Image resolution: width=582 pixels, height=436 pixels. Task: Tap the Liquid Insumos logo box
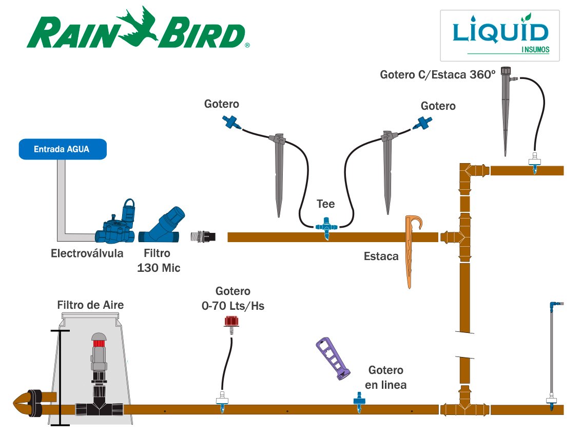499,35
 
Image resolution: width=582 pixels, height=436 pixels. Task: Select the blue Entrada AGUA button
63,149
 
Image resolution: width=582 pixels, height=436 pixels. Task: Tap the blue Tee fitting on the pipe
325,226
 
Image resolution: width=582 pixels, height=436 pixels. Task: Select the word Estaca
381,256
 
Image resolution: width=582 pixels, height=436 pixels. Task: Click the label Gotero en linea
386,377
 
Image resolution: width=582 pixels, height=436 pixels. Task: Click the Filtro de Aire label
90,305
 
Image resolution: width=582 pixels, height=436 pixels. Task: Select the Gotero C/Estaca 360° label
438,74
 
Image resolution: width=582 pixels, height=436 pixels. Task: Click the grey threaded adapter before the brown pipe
203,236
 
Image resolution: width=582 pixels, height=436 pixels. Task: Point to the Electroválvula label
87,253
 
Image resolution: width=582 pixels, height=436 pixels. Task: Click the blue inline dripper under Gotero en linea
358,404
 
